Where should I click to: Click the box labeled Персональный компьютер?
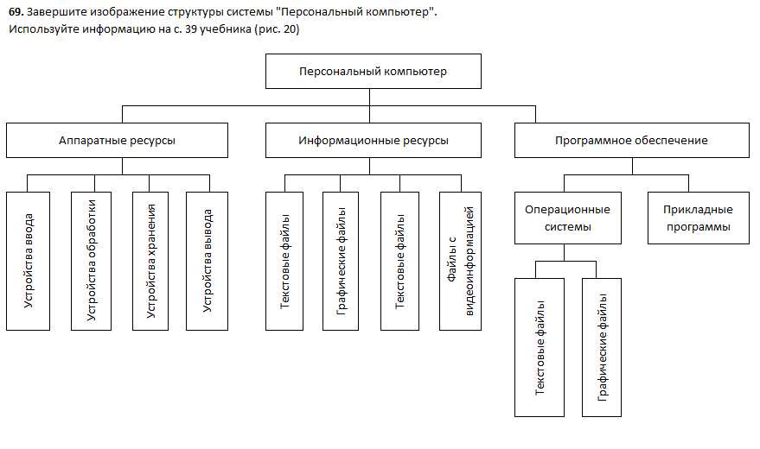373,72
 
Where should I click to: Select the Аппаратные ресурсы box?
117,141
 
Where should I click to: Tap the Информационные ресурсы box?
373,141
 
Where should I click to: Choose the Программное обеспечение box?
631,141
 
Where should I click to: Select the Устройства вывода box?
207,261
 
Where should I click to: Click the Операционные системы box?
567,218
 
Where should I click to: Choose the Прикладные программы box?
698,218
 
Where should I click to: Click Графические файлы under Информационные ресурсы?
341,261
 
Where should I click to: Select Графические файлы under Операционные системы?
602,347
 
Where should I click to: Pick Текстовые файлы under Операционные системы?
540,347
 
